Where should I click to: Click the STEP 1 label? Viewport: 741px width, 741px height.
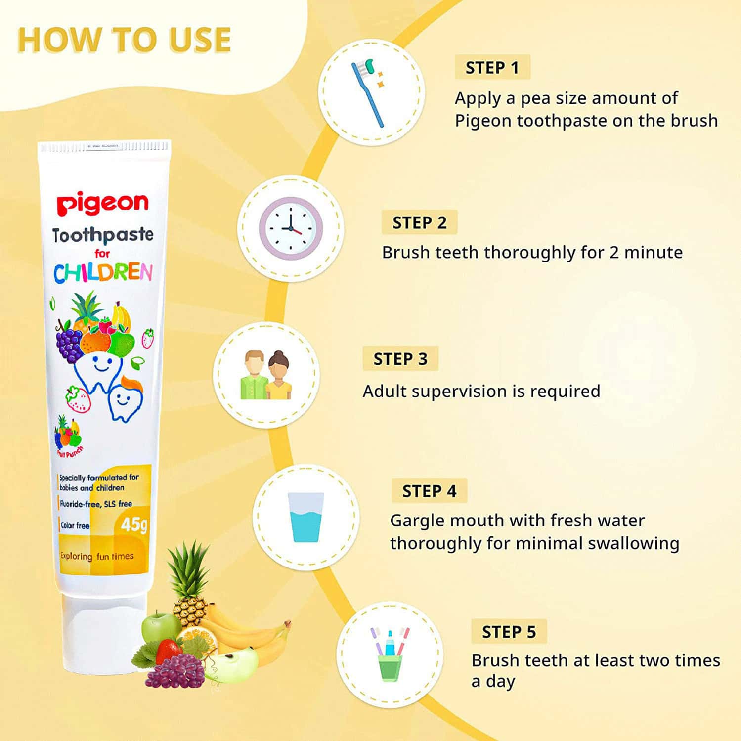[x=492, y=67]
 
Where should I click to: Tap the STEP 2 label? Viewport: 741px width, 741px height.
[x=419, y=222]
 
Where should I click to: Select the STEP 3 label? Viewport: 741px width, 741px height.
[x=400, y=358]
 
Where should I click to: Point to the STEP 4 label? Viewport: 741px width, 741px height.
[x=429, y=491]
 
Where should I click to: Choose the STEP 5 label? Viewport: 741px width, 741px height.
[x=509, y=631]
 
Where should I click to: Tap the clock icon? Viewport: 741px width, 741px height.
[x=291, y=229]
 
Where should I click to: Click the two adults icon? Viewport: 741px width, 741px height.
[x=266, y=375]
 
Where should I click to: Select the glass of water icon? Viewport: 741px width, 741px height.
[x=306, y=517]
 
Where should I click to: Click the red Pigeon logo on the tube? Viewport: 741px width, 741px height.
[x=102, y=203]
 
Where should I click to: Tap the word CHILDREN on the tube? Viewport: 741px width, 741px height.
[x=103, y=273]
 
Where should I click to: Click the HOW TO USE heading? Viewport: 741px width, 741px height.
[x=124, y=40]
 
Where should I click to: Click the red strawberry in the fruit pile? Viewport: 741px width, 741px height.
[x=168, y=651]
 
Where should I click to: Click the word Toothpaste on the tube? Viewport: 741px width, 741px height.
[x=103, y=235]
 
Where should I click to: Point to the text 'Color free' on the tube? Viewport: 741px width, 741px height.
[x=75, y=525]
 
